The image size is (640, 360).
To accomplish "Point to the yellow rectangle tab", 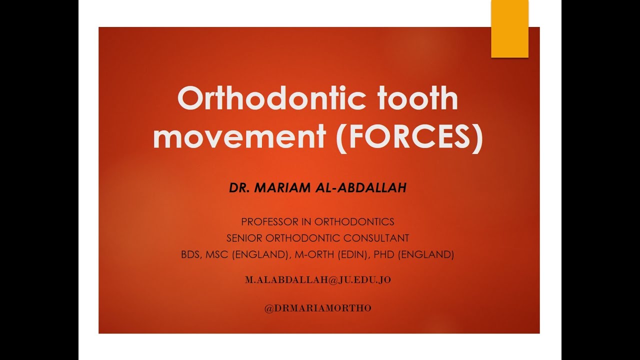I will [509, 28].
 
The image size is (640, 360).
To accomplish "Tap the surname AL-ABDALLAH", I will [359, 188].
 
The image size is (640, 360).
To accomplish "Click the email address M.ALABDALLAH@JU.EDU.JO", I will [318, 280].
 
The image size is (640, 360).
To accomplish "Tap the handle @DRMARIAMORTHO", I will [318, 308].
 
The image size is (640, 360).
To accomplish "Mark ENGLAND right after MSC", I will [260, 254].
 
